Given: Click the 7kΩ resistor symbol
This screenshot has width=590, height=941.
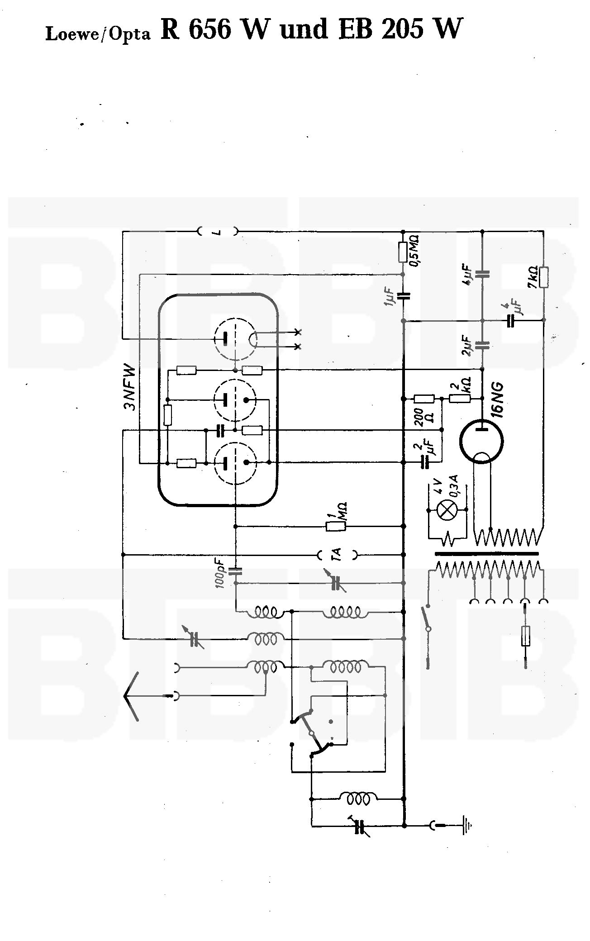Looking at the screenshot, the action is coord(544,277).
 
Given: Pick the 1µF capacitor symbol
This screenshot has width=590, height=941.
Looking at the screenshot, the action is coord(403,296).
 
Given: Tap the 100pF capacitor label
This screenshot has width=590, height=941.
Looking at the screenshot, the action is coord(220,572).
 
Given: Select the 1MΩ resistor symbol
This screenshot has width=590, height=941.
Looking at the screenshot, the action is coord(336,526).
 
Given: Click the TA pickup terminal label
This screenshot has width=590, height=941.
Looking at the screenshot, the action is coord(337,555).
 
